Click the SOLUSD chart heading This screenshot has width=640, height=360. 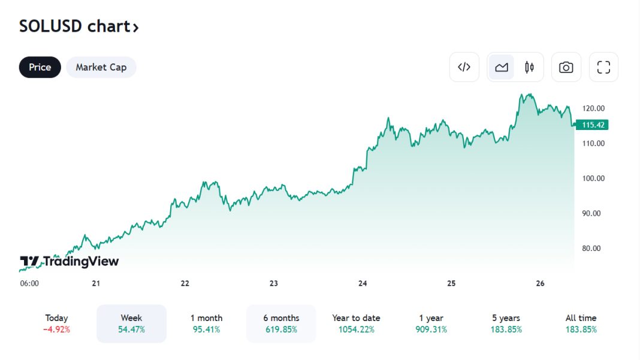tap(79, 27)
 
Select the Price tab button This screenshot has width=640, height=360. tap(40, 67)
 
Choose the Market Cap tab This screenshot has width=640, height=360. tap(101, 67)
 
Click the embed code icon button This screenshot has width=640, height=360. tap(464, 67)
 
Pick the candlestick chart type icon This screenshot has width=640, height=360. tap(529, 67)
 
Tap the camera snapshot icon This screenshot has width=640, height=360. tap(566, 67)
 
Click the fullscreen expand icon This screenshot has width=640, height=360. tap(603, 67)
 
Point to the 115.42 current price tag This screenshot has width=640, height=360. tap(592, 125)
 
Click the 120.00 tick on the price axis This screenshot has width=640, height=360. tap(593, 108)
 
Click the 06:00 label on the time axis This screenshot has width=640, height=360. tap(29, 283)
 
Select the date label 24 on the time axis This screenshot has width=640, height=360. tap(363, 283)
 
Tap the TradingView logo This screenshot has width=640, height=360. tap(70, 262)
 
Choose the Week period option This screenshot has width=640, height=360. tap(131, 323)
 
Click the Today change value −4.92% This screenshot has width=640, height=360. tap(57, 329)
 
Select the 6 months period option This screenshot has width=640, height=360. tap(281, 323)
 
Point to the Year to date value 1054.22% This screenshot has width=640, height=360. tap(356, 329)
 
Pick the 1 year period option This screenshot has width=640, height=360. tap(431, 323)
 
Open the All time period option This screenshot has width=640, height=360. tap(581, 323)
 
